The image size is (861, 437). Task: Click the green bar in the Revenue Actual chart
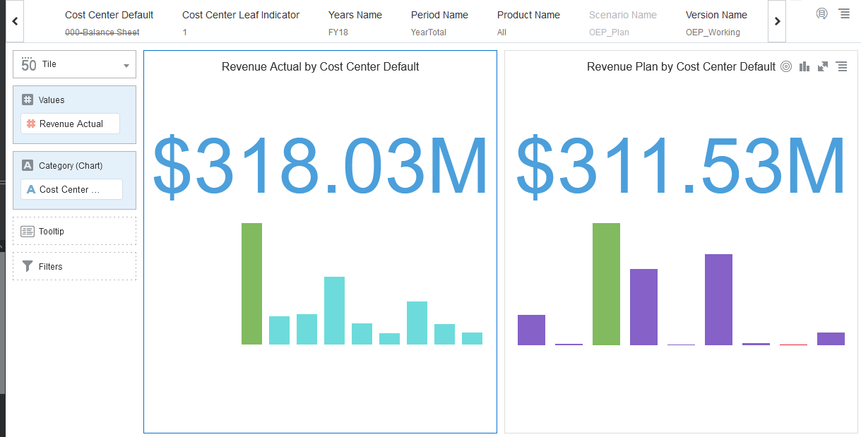click(x=251, y=284)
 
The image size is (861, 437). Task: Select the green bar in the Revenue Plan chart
click(x=606, y=284)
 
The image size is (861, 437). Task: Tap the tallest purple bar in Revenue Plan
click(x=718, y=299)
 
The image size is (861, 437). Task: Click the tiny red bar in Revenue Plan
click(x=793, y=345)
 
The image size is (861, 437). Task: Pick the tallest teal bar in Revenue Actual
click(x=334, y=311)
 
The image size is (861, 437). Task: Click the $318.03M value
click(x=320, y=167)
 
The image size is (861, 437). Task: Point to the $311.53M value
click(x=681, y=167)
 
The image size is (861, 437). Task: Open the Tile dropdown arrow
click(x=126, y=66)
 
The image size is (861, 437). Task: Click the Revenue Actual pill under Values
click(x=71, y=124)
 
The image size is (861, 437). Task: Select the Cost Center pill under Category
click(x=71, y=189)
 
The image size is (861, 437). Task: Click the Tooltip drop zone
click(x=74, y=231)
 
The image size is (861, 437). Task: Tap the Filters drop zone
click(x=74, y=266)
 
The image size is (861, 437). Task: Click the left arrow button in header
click(x=15, y=21)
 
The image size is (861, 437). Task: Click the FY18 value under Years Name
click(x=338, y=32)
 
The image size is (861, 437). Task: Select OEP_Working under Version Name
click(x=713, y=32)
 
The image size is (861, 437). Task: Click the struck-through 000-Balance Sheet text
click(x=102, y=32)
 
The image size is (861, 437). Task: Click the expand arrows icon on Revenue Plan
click(x=823, y=66)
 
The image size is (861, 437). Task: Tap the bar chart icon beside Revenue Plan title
click(x=804, y=66)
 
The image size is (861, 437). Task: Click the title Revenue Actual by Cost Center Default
click(x=320, y=66)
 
